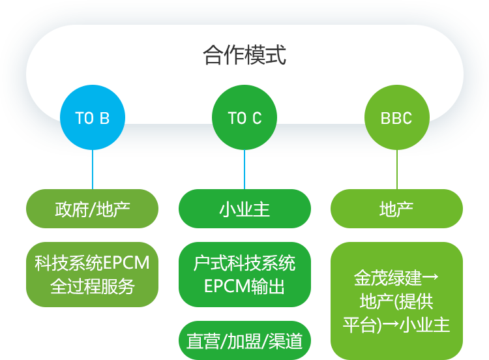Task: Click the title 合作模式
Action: tap(244, 55)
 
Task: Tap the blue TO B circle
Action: tap(93, 117)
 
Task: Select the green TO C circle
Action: tap(244, 117)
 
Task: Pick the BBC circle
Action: tap(397, 117)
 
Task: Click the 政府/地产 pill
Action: tap(93, 209)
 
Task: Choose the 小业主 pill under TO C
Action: tap(244, 209)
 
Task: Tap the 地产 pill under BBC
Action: tap(396, 209)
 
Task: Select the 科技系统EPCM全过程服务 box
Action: tap(93, 275)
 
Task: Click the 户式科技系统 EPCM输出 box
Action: tap(244, 275)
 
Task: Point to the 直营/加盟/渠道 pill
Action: tap(244, 340)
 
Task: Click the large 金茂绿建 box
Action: tap(396, 301)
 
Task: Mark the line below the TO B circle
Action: tap(93, 170)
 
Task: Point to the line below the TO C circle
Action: tap(244, 170)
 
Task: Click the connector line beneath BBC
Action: tap(397, 170)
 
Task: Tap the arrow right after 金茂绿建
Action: tap(430, 277)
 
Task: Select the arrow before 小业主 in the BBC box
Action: tap(391, 324)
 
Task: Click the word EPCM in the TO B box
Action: tap(126, 263)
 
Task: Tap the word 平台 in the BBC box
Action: tap(359, 325)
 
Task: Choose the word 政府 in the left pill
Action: tap(72, 209)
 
